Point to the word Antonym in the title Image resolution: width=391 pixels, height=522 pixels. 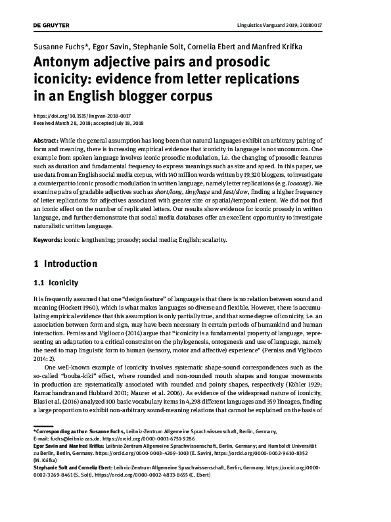coord(65,64)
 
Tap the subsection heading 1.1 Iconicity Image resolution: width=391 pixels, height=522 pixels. coord(56,283)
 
